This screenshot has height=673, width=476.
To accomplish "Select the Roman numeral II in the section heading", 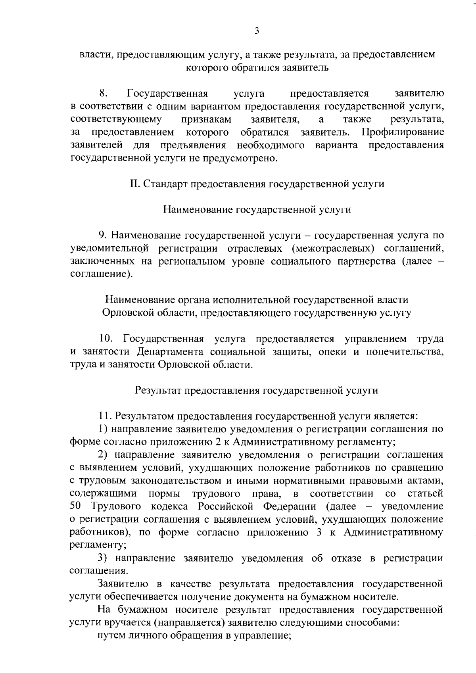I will click(134, 184).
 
